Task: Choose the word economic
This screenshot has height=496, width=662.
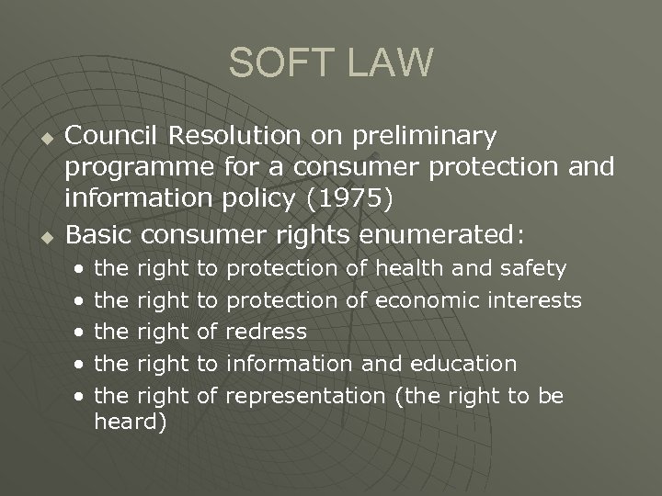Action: click(426, 300)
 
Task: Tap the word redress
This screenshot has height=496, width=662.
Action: click(266, 332)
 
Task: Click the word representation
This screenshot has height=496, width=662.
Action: click(309, 395)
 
